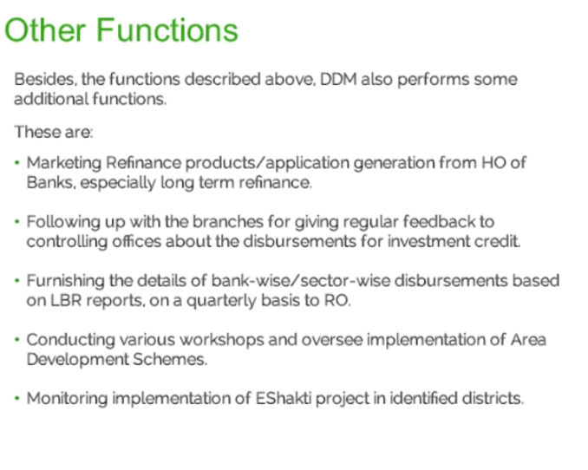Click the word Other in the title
tap(45, 30)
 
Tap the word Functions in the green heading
tap(167, 30)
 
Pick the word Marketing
tap(64, 164)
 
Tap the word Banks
tap(51, 183)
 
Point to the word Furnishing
tap(65, 282)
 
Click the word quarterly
tap(221, 301)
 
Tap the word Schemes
tap(170, 359)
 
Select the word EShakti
tap(284, 398)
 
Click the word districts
tap(493, 398)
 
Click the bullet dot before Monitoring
tap(16, 398)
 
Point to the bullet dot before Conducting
tap(16, 340)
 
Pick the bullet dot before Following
tap(16, 222)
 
